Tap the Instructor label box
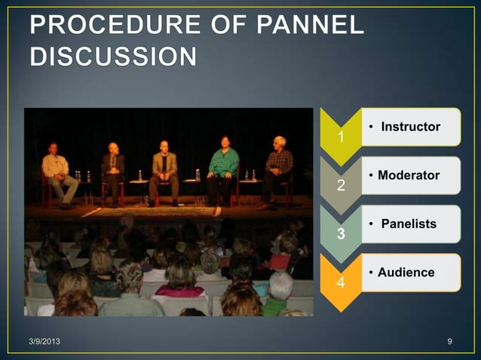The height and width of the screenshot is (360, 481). point(410,127)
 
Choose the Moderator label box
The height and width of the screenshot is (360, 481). point(410,175)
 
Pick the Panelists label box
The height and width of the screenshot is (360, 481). point(410,224)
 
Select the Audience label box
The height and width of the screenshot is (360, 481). point(410,272)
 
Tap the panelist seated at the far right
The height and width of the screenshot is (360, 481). point(278,169)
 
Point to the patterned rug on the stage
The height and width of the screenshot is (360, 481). point(166,212)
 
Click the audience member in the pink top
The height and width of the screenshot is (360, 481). point(179,285)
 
